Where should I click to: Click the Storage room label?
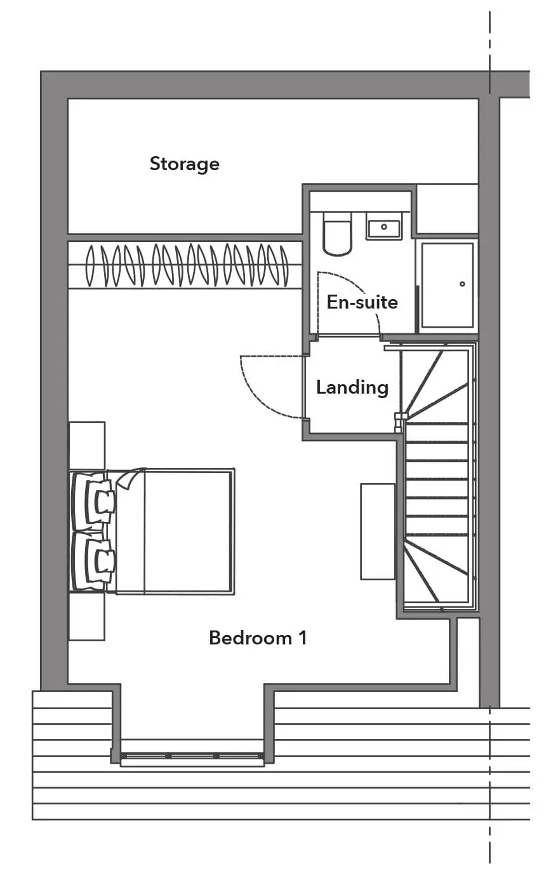[185, 164]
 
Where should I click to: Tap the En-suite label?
[362, 302]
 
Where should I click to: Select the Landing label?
[352, 388]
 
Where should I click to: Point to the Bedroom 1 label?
[258, 638]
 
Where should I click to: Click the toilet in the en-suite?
[337, 234]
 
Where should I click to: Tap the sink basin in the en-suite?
[384, 226]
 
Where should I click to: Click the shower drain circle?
[462, 284]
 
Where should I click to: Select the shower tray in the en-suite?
[448, 285]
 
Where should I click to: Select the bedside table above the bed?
[87, 446]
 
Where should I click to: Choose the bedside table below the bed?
[87, 616]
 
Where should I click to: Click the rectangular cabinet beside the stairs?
[378, 531]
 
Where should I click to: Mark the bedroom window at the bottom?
[192, 756]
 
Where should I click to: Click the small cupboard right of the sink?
[447, 209]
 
